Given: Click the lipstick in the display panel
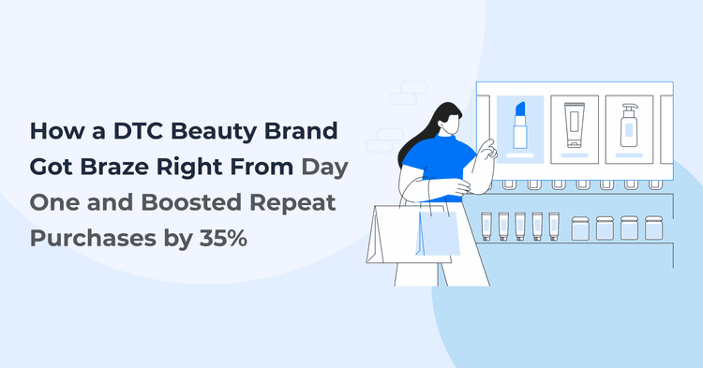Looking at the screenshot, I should pyautogui.click(x=520, y=126).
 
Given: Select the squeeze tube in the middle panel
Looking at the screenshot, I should pyautogui.click(x=574, y=125).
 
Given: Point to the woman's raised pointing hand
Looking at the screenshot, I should pyautogui.click(x=486, y=148).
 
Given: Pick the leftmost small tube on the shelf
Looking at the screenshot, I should pyautogui.click(x=486, y=225).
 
